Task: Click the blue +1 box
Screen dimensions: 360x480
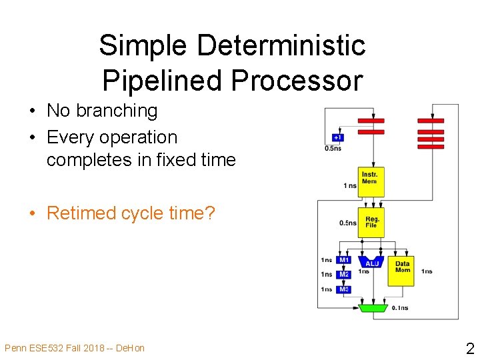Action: (339, 137)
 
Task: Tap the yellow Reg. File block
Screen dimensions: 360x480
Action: (371, 222)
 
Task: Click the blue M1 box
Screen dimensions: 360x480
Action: (343, 260)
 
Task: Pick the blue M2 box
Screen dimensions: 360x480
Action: (343, 275)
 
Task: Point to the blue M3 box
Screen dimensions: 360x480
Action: (343, 289)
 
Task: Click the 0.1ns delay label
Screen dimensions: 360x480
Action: (400, 308)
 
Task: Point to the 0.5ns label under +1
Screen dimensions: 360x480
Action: (333, 149)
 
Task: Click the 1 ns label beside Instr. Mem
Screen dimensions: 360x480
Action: (349, 185)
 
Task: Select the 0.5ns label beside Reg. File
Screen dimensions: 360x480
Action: (347, 223)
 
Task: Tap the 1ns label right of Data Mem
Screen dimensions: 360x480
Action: (427, 271)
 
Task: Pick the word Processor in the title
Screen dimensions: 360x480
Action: (297, 81)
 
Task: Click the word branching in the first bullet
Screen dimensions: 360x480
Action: (117, 111)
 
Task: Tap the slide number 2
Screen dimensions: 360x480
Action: (469, 349)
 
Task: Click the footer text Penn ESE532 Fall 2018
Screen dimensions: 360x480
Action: (53, 348)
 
